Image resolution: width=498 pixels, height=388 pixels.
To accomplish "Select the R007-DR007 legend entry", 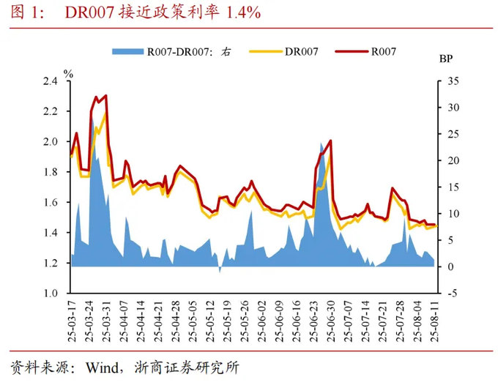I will (x=189, y=52).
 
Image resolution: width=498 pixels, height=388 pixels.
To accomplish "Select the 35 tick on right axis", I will (x=453, y=81).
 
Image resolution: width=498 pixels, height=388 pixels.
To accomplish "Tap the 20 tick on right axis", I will (x=453, y=160).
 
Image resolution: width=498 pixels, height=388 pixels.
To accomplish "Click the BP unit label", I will (x=446, y=59).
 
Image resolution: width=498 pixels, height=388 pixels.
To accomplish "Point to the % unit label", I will (x=68, y=73).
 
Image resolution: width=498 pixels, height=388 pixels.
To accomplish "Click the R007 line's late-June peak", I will (x=332, y=141).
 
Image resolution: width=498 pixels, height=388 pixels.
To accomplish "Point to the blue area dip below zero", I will (x=220, y=271).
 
